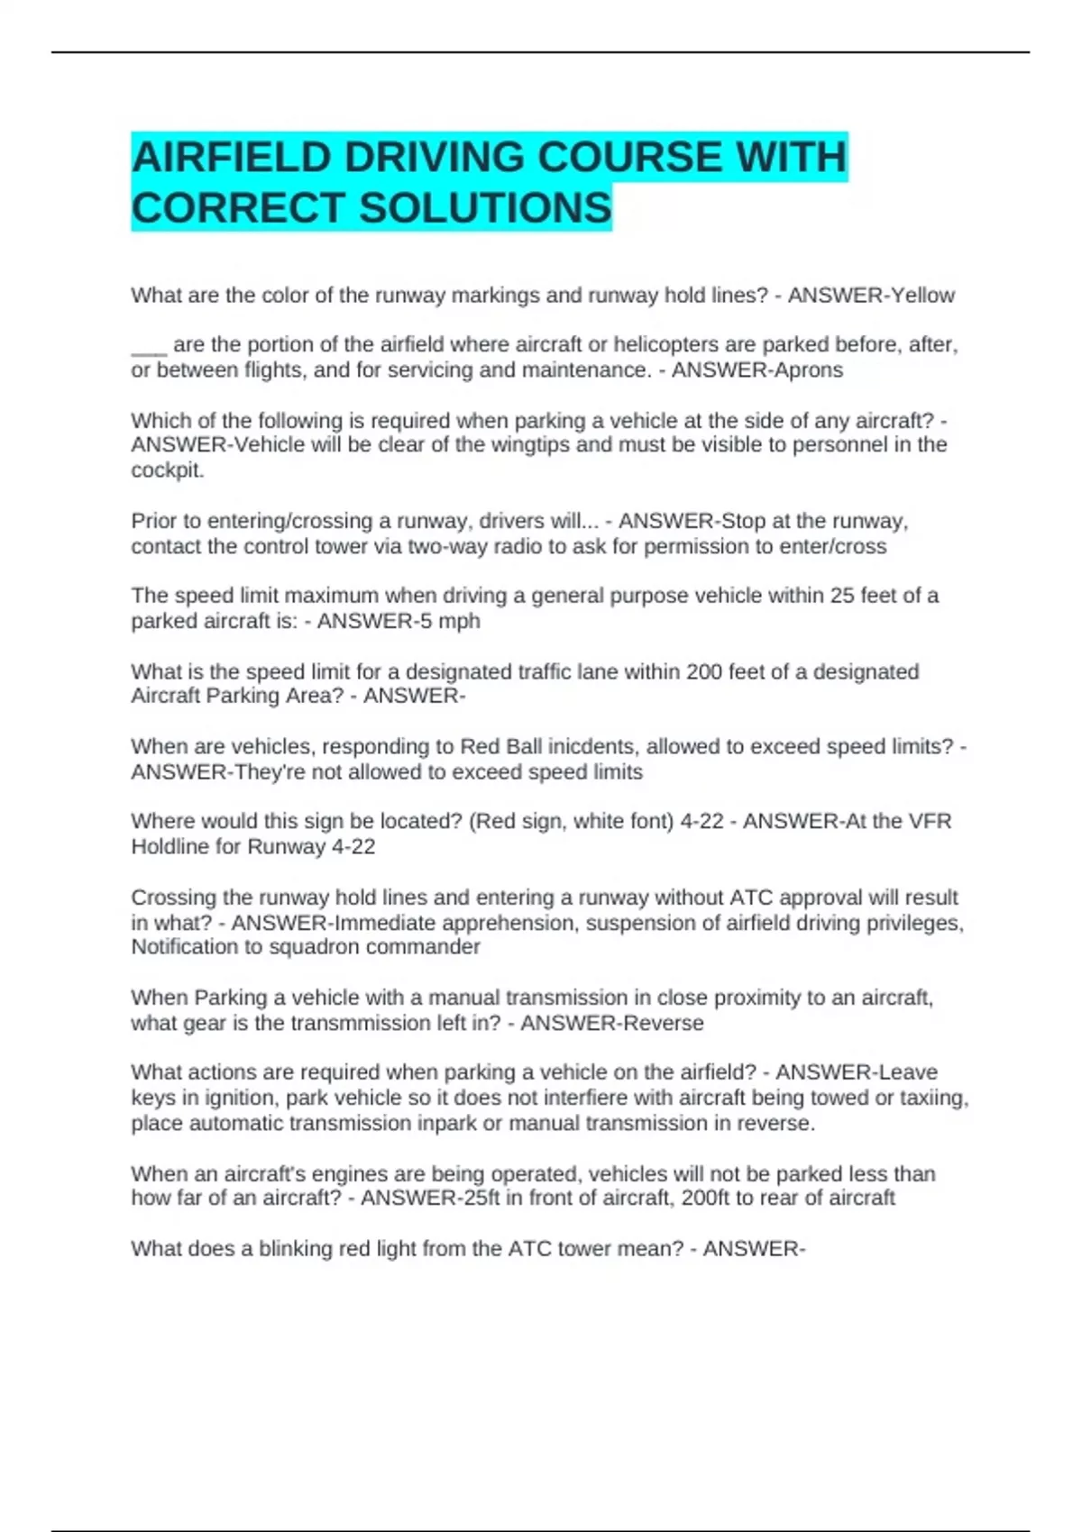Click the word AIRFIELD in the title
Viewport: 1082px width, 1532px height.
point(230,158)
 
